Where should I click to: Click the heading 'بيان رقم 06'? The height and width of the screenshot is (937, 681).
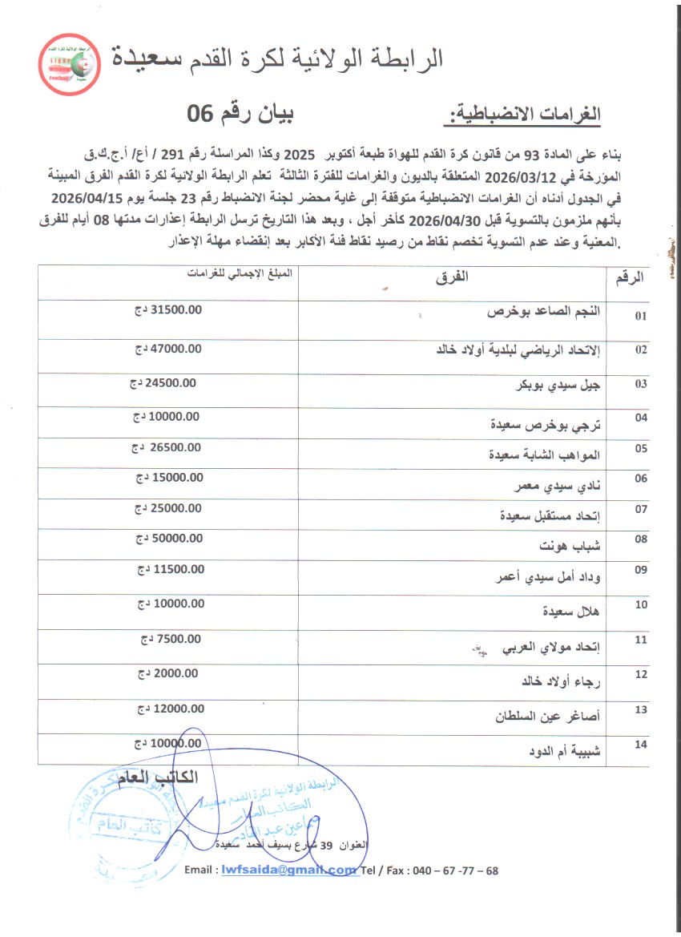click(x=240, y=115)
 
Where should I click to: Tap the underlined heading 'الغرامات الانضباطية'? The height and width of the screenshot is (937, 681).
click(x=522, y=115)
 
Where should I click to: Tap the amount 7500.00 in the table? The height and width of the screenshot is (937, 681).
click(x=179, y=639)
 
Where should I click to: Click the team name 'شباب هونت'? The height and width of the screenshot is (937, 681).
click(x=571, y=546)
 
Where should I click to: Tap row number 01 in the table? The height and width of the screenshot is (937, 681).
click(x=640, y=317)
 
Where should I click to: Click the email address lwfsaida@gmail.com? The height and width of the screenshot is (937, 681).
click(x=288, y=870)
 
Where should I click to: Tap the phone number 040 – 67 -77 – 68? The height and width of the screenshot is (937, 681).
click(x=454, y=871)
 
